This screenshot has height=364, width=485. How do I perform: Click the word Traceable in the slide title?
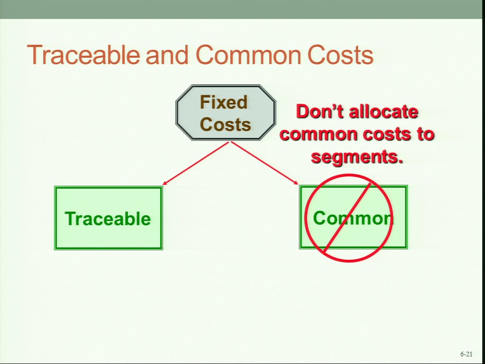[83, 55]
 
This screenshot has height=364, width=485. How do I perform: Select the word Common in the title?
[248, 55]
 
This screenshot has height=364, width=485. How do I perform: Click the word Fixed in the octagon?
[224, 102]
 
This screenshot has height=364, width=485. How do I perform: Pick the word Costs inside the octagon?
[225, 124]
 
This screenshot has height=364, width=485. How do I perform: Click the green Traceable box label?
[108, 218]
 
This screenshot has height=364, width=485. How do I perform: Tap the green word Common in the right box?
[353, 218]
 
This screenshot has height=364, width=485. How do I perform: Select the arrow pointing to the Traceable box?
[196, 163]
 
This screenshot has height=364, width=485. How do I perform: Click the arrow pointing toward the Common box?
[264, 163]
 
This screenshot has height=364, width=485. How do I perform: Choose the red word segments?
[357, 157]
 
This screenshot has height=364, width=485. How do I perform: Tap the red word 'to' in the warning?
[425, 134]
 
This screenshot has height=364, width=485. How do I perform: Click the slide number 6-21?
[466, 354]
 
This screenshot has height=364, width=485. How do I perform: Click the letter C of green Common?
[320, 218]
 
